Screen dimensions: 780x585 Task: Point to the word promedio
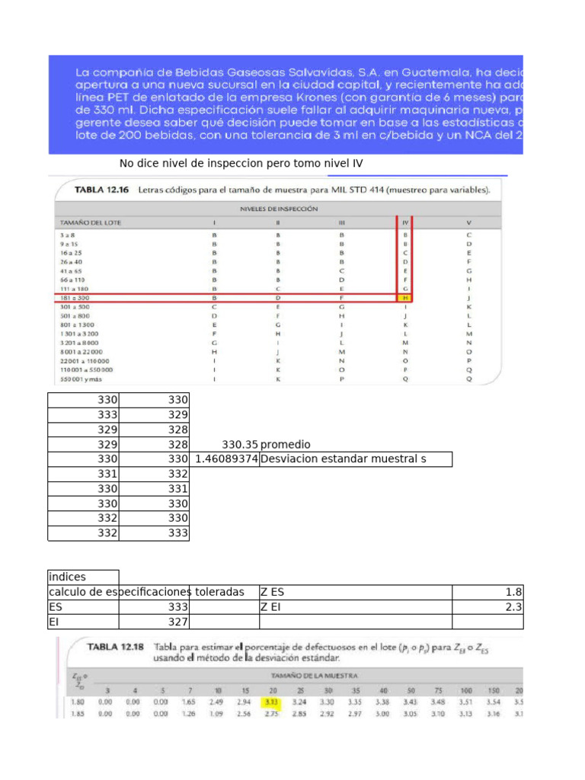[x=286, y=444]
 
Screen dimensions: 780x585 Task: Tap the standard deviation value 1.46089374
[x=226, y=459]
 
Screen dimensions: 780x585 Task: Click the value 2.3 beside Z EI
[x=515, y=607]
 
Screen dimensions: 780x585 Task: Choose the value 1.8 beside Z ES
[x=515, y=592]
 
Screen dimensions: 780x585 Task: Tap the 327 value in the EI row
[x=177, y=622]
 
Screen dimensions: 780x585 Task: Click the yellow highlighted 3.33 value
[x=270, y=700]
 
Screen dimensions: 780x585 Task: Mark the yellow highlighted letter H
[x=406, y=299]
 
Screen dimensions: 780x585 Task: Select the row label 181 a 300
[x=74, y=299]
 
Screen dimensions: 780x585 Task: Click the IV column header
[x=406, y=222]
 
